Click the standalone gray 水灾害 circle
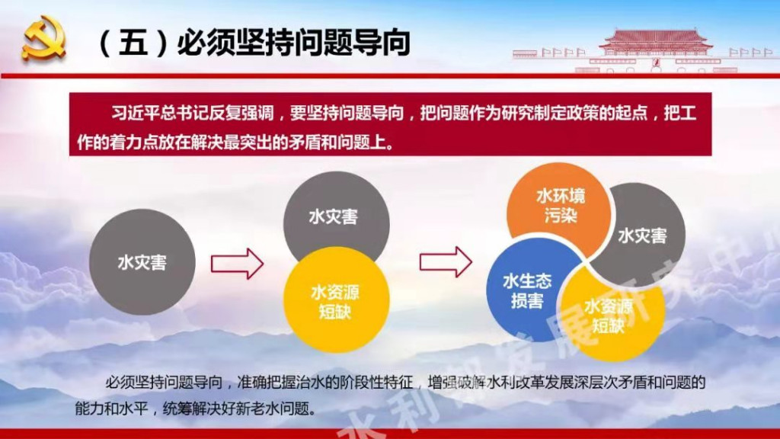point(142,262)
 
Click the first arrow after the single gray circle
point(238,263)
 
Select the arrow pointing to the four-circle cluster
point(446,262)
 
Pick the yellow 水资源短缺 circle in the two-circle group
point(336,300)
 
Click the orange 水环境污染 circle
point(559,209)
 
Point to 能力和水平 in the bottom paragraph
point(112,409)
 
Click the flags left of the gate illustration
point(563,52)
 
